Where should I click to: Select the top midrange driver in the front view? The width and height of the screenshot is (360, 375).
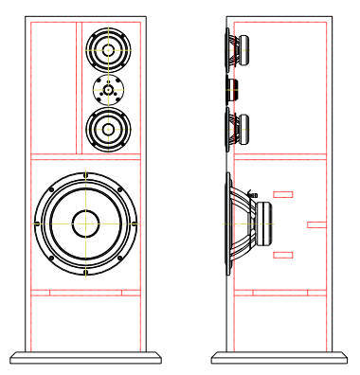point(109,48)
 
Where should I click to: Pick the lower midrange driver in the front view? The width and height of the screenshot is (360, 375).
point(109,129)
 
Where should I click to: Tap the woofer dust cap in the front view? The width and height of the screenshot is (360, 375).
point(85,223)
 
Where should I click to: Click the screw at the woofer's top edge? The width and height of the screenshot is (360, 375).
point(85,175)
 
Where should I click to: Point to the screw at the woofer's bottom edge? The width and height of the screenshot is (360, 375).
point(85,273)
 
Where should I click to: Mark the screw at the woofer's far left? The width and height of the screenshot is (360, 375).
point(36,223)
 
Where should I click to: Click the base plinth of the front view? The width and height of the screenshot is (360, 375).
point(85,357)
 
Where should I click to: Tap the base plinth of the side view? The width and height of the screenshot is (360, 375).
point(280,357)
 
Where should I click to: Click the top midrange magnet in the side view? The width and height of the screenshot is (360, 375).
point(243,48)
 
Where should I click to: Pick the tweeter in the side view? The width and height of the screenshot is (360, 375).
point(230,89)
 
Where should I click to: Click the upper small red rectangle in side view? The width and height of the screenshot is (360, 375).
point(282,194)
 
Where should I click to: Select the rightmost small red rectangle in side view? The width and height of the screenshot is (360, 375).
point(316,224)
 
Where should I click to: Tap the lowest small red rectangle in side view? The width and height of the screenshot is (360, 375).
point(282,255)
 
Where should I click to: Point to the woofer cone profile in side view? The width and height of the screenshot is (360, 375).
point(237,224)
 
